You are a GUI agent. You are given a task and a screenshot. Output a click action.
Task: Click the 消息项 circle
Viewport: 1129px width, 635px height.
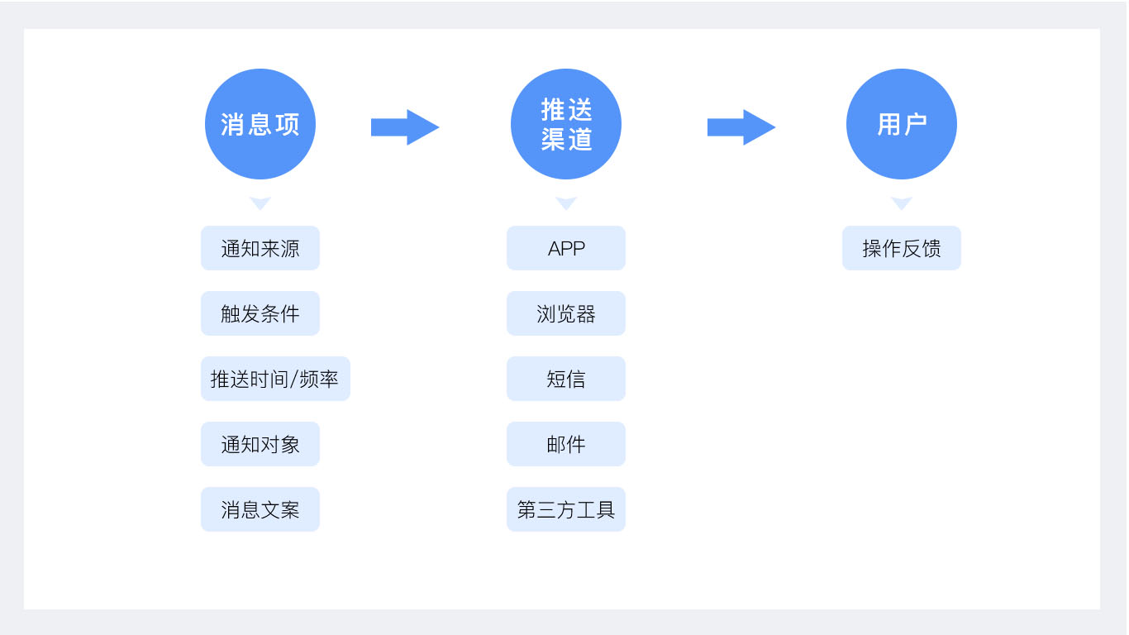[x=260, y=124]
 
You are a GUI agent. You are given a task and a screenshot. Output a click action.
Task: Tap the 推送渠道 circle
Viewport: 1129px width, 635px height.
[x=566, y=124]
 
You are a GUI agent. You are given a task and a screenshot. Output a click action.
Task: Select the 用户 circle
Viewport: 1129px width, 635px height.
[x=902, y=124]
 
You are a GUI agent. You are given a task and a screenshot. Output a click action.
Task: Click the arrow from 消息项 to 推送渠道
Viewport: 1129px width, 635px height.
[x=405, y=127]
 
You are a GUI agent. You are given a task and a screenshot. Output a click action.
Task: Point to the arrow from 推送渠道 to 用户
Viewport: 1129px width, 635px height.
[x=741, y=127]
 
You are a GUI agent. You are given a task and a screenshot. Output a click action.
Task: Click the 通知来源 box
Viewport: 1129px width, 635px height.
[x=260, y=248]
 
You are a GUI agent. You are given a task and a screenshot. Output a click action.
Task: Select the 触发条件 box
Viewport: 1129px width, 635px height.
[x=260, y=313]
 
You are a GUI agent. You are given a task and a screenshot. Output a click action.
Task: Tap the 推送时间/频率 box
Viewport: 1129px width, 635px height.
[x=275, y=379]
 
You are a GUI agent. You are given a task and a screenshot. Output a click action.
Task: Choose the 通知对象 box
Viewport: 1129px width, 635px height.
[x=260, y=444]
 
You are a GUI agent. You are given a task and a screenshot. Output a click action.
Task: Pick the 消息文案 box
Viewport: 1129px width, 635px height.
[x=260, y=509]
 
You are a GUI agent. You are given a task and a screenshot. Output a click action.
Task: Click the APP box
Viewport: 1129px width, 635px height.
[x=566, y=248]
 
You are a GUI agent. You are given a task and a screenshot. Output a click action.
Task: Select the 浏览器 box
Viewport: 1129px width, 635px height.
[x=566, y=313]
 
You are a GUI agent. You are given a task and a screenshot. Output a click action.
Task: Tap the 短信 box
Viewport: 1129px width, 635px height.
[x=566, y=379]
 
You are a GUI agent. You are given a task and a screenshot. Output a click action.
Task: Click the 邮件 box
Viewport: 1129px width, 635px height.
[x=566, y=444]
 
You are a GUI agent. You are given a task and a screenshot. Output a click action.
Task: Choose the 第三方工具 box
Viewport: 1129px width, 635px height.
[x=566, y=509]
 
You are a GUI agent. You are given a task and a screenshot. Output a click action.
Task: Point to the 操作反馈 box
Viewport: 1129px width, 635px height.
[x=902, y=248]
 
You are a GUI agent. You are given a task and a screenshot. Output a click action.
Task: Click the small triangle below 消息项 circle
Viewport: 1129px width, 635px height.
[x=260, y=202]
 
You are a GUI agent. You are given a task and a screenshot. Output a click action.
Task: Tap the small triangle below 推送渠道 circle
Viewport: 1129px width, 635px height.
[x=566, y=202]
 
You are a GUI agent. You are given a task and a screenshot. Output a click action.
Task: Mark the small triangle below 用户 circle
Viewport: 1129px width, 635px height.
[x=902, y=202]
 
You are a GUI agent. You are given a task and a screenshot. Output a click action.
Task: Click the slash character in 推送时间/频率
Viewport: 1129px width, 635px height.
[x=294, y=380]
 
